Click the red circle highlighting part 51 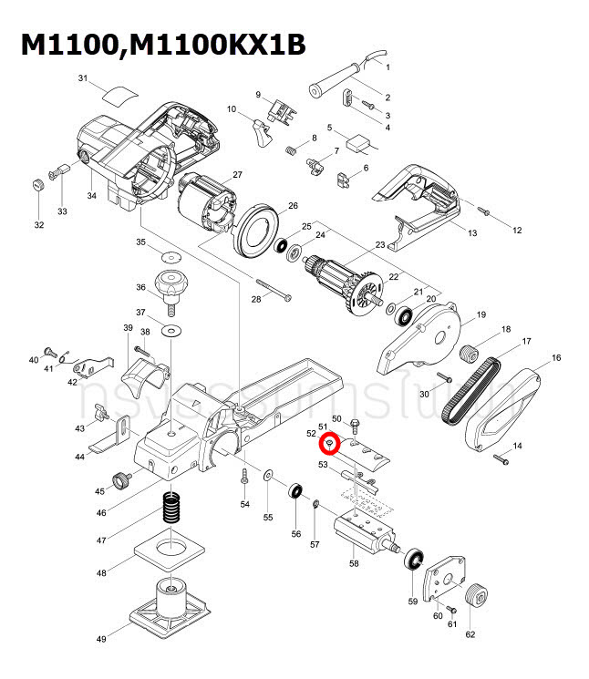pyautogui.click(x=332, y=444)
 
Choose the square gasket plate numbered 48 pyautogui.click(x=170, y=554)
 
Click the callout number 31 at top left pyautogui.click(x=83, y=79)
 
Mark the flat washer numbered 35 pyautogui.click(x=170, y=252)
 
